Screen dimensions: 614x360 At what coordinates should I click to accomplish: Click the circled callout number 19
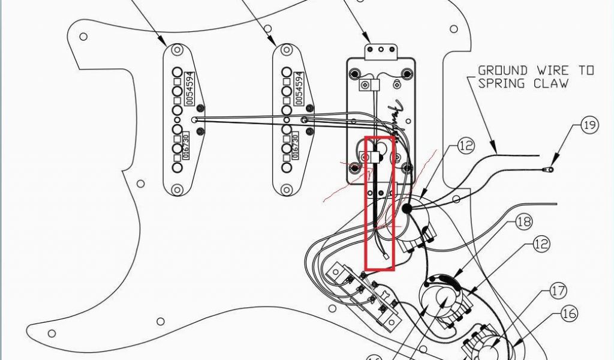coord(589,126)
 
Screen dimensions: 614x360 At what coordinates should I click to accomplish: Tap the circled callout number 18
coord(523,222)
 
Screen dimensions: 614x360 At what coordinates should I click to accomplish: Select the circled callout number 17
coord(558,292)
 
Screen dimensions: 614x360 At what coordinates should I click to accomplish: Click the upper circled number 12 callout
coord(466,145)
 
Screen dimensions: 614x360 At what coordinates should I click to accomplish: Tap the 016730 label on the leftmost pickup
coord(186,147)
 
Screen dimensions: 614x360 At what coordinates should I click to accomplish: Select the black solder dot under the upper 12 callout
coord(408,208)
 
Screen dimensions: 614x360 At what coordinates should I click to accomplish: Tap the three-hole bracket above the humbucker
coord(381,50)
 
